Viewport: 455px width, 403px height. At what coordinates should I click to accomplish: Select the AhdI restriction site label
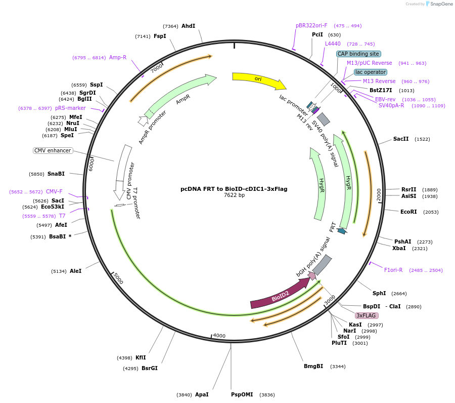(x=188, y=26)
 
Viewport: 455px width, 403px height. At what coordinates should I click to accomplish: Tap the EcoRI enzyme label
(x=408, y=212)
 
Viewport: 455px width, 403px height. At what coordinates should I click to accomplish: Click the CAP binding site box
(x=358, y=54)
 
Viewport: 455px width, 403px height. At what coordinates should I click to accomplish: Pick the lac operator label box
(x=371, y=72)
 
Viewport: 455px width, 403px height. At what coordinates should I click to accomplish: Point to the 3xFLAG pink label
(x=367, y=315)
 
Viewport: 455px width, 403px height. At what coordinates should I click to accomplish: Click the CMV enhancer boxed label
(x=53, y=150)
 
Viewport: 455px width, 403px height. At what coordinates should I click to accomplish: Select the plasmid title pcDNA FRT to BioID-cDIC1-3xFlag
(x=234, y=189)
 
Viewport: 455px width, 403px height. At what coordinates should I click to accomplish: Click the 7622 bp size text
(x=234, y=195)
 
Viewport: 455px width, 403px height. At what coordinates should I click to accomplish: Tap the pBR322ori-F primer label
(x=311, y=25)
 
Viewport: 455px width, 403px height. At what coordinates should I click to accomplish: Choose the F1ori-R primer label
(x=393, y=270)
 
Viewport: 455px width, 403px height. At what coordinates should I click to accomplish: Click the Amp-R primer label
(x=118, y=57)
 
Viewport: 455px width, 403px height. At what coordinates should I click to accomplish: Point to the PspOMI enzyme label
(x=242, y=394)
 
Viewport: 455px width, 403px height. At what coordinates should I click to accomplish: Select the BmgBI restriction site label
(x=313, y=366)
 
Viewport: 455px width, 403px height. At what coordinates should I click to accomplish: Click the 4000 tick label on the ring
(x=219, y=336)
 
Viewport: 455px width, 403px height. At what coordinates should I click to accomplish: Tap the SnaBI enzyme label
(x=56, y=174)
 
